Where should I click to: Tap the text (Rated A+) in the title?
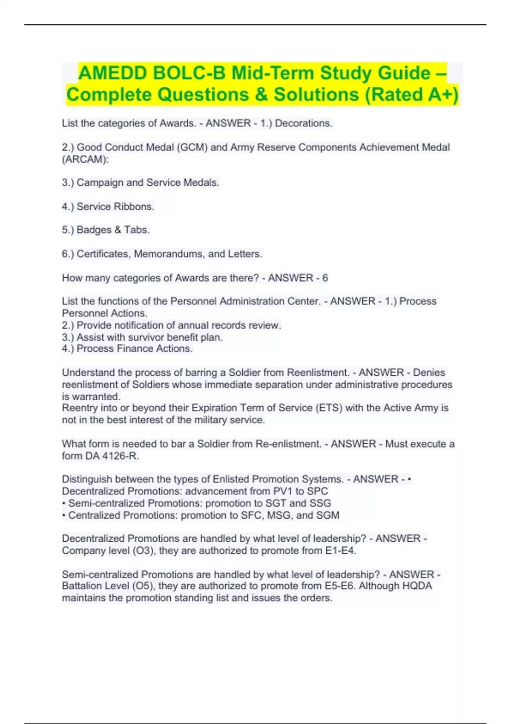(x=412, y=95)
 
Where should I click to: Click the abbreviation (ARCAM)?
(x=85, y=159)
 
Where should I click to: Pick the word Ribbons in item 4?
(x=135, y=207)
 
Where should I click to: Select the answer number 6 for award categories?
(x=325, y=278)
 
